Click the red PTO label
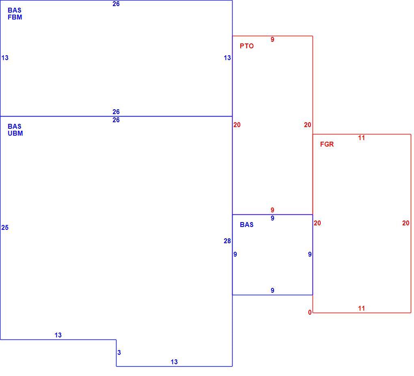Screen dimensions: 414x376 (247, 46)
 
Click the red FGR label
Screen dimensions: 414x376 (327, 144)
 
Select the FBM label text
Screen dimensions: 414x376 (15, 17)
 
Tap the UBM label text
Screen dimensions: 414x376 (15, 134)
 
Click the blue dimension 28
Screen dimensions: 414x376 (227, 241)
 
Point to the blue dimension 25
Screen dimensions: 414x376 (5, 227)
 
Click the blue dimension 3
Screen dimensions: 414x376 (119, 352)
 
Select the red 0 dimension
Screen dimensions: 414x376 (310, 313)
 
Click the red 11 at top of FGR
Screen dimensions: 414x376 (362, 138)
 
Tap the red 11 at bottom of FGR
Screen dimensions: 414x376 (362, 308)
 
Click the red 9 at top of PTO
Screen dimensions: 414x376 (272, 39)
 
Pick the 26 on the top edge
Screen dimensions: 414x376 (116, 4)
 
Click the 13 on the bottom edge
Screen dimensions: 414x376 (174, 362)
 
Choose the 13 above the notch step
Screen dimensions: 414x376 (58, 335)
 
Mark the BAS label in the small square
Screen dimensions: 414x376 (247, 225)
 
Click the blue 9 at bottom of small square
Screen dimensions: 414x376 (272, 290)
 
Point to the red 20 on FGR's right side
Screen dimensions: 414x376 (406, 223)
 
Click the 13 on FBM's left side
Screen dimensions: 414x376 (5, 58)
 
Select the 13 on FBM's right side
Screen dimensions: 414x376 (227, 58)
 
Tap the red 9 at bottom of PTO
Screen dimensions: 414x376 (272, 210)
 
